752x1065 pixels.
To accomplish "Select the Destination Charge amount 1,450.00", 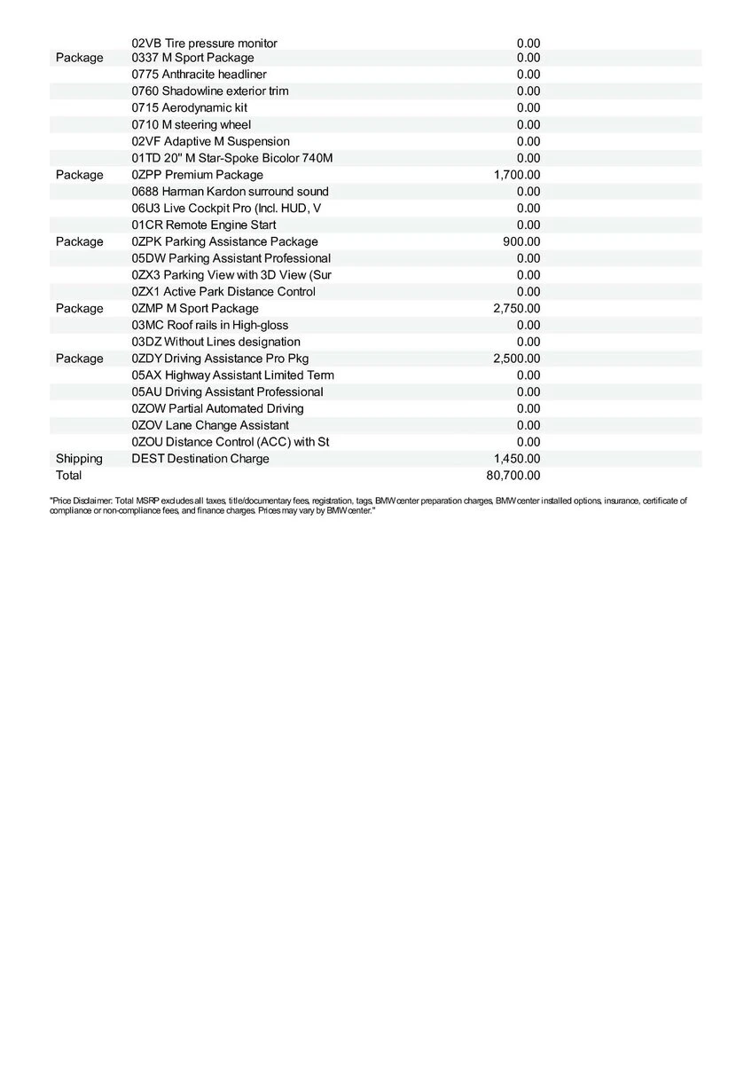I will coord(516,459).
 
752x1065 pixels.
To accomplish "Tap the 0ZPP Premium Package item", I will coord(197,175).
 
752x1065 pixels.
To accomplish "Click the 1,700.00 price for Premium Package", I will coord(516,175).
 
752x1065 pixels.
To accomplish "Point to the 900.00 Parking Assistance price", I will coord(521,241).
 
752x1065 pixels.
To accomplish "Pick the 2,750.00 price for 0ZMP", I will coord(516,308).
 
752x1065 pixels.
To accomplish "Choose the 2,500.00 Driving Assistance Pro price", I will coord(516,359).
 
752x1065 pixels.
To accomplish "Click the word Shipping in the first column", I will coord(79,459).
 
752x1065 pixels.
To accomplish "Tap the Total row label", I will coord(68,476).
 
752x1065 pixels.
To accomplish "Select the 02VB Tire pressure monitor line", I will coord(204,43).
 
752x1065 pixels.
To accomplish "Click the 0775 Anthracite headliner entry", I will coord(199,75).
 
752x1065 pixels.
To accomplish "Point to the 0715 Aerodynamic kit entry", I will coord(189,107).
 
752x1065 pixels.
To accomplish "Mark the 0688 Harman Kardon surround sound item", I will coord(230,192).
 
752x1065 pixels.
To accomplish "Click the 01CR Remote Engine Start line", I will coord(203,225).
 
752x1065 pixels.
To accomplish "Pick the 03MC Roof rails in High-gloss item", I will coord(209,325).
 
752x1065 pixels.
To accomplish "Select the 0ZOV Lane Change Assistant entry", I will coord(210,425).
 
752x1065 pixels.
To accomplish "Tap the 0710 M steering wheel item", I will coord(191,124).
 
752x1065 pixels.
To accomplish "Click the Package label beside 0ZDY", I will coord(79,359).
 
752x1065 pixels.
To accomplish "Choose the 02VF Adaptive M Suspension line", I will coord(210,141).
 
